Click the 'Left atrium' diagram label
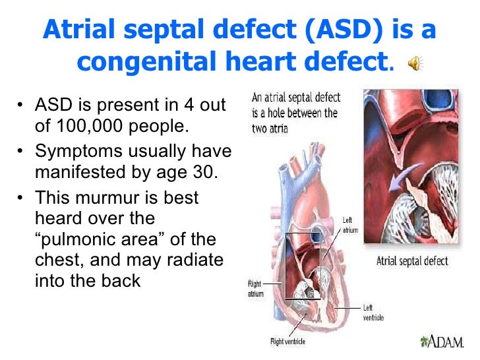[x=351, y=225]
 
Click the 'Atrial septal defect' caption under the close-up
[x=411, y=260]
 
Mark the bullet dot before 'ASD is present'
[x=23, y=105]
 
